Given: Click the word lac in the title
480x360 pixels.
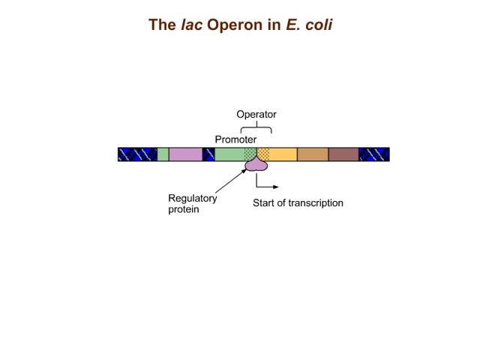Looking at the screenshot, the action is coord(192,25).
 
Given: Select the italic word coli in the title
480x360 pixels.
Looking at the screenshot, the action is coord(319,25).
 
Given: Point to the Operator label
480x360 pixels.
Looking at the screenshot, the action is coord(256,115).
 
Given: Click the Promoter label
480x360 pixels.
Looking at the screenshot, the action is coord(235,139).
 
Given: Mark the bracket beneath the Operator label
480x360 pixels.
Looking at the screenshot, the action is coord(256,127).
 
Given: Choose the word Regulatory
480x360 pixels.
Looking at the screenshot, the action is coord(193,199).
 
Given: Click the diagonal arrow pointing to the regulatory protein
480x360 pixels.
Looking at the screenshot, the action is coord(231,181).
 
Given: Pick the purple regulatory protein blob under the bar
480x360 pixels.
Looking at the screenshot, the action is coord(256,164).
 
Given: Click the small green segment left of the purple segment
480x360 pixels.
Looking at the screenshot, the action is coord(163,154).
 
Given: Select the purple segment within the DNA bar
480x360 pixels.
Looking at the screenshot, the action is coord(185,154).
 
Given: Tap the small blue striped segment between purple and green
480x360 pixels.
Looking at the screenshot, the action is coord(208,154).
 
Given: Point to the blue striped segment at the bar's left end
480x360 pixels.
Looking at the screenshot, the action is coord(137,154).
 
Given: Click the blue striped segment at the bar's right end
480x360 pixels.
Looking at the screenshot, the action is coord(374,154).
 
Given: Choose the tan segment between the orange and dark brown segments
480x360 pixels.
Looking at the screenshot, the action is coord(313,154).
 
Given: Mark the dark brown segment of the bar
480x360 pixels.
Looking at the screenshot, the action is coord(343,154).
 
